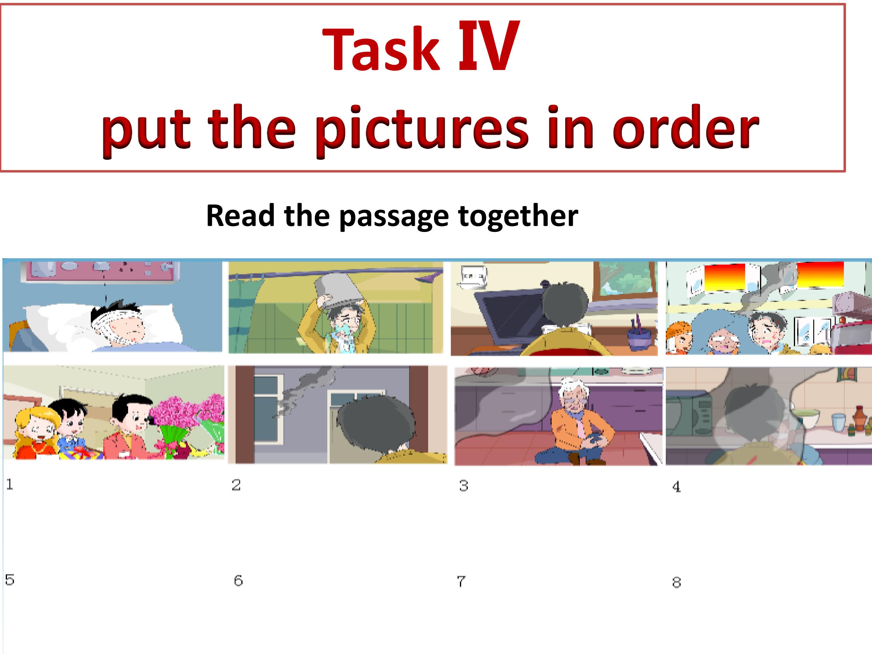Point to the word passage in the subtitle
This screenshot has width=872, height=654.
click(x=394, y=217)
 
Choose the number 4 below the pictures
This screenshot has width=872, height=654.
click(x=676, y=487)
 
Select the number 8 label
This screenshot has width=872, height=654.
click(x=676, y=582)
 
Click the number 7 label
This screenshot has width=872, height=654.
click(x=461, y=581)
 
